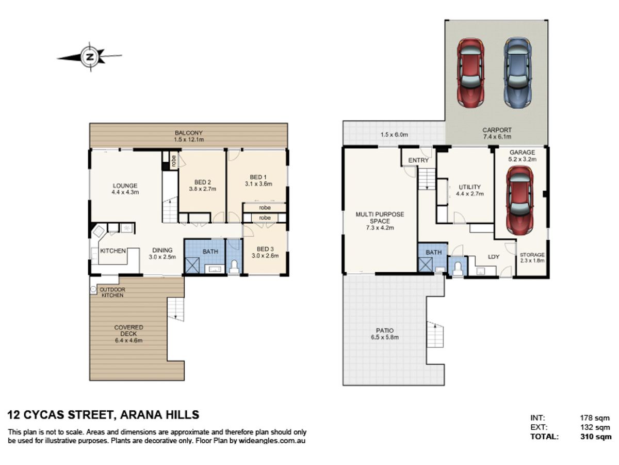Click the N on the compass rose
point(90,57)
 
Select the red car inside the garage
point(520,200)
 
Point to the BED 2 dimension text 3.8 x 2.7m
point(203,189)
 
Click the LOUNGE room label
point(125,185)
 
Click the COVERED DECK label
point(128,331)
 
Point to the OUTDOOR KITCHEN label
point(112,292)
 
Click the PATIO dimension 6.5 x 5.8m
point(385,337)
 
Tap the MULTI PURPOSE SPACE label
point(380,218)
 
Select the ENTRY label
point(418,160)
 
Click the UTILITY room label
point(469,187)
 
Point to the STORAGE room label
point(532,255)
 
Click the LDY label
point(494,257)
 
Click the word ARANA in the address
point(140,415)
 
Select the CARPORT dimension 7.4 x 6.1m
point(497,137)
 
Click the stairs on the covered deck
point(175,309)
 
